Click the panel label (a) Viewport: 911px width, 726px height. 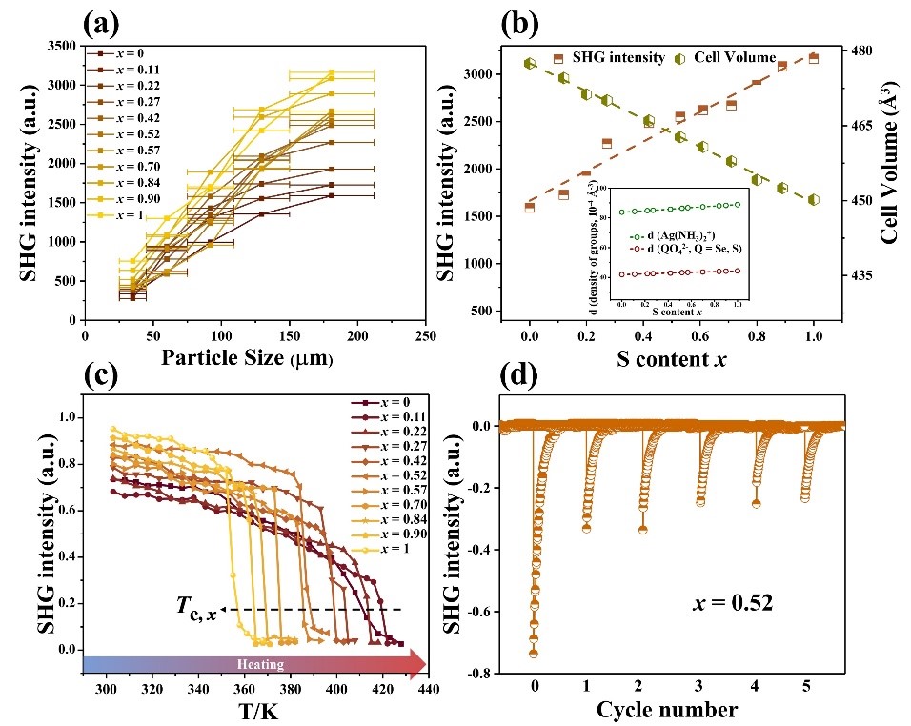(x=107, y=21)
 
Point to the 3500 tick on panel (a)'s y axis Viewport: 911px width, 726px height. (x=61, y=46)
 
